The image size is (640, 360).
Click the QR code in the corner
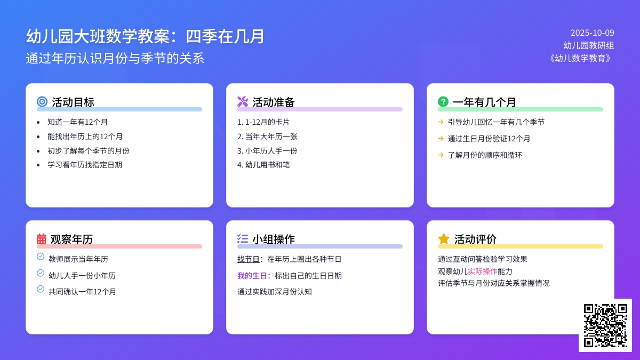coord(605,325)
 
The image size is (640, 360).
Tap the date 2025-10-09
coord(592,33)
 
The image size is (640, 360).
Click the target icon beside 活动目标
coord(42,101)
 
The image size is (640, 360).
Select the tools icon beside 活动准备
coord(243,101)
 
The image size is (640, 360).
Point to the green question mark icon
coord(443,101)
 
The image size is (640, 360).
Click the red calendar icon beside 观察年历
coord(42,239)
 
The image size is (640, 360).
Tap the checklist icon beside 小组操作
coord(243,239)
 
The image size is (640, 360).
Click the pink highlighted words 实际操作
coord(483,271)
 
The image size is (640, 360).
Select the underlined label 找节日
coord(249,259)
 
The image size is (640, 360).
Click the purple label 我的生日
coord(252,276)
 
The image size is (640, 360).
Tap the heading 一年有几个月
coord(484,102)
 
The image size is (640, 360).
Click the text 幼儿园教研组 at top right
coord(588,45)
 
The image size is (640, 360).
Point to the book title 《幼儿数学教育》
coord(581,58)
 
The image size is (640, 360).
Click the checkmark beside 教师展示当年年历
coord(41,257)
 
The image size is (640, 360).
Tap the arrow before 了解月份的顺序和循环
coord(441,155)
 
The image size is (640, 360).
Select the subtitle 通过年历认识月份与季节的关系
coord(115,58)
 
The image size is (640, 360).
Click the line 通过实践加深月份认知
coord(275,292)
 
